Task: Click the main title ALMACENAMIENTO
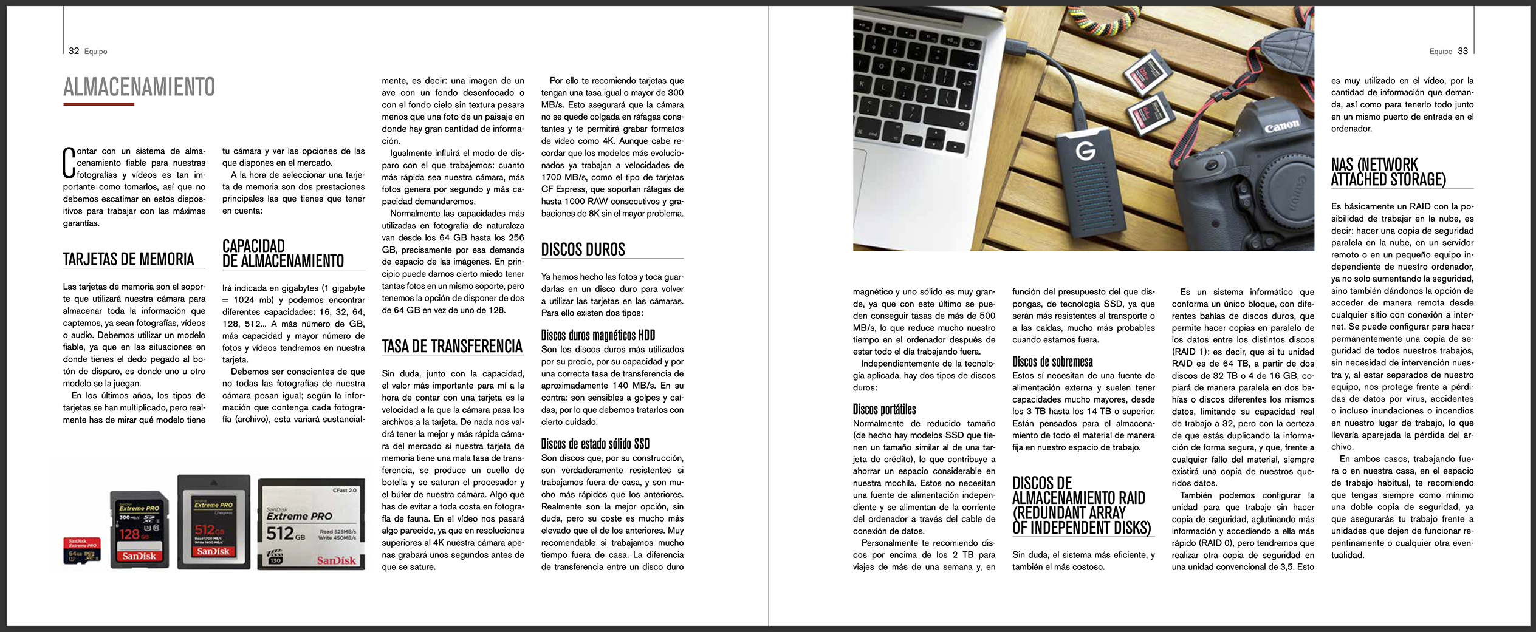click(139, 87)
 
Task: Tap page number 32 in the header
click(74, 51)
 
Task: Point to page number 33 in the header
click(1462, 51)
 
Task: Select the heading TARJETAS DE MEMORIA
click(128, 259)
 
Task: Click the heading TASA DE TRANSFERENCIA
click(452, 346)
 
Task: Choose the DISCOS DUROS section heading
click(583, 250)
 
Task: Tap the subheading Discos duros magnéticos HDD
click(598, 335)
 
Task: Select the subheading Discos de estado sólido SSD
click(595, 444)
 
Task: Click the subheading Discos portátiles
click(884, 409)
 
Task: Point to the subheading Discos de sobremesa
click(1052, 362)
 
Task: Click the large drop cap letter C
click(69, 163)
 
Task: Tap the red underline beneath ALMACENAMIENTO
click(98, 104)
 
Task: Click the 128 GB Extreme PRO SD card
click(139, 529)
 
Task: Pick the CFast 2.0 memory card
click(311, 525)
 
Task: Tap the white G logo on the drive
click(1086, 150)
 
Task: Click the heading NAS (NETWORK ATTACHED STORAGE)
click(1388, 172)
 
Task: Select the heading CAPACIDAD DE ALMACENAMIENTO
click(283, 254)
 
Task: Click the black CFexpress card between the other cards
click(213, 522)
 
